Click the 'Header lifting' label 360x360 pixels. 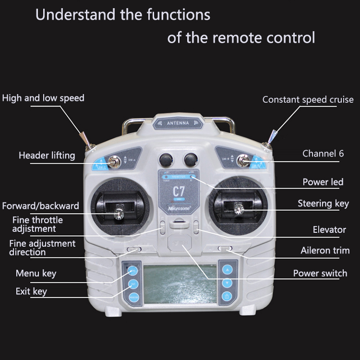(47, 155)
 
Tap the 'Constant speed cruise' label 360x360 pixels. (308, 100)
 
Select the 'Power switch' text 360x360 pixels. (320, 273)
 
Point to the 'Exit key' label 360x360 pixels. (31, 291)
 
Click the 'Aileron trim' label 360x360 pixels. (325, 250)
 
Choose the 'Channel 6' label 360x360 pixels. (323, 154)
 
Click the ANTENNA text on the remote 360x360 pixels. (179, 123)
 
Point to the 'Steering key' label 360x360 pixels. (323, 204)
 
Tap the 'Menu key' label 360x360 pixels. (36, 273)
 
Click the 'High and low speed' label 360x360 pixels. (43, 98)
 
